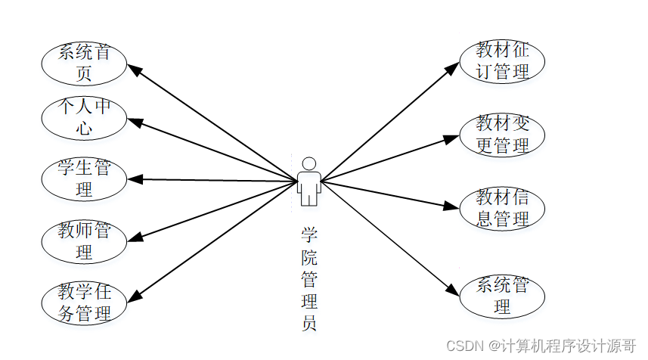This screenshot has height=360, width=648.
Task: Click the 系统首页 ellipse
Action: [x=84, y=63]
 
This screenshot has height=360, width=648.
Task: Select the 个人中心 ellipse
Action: [x=84, y=118]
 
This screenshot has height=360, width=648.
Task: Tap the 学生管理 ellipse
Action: [x=84, y=178]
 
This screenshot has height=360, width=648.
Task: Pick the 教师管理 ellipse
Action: [x=84, y=241]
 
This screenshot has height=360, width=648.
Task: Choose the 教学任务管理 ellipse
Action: [x=84, y=302]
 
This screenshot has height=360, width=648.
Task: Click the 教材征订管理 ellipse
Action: [x=502, y=61]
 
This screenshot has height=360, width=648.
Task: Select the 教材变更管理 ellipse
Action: [x=502, y=135]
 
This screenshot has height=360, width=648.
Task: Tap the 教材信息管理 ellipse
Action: [x=502, y=208]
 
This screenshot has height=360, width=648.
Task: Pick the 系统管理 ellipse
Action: [x=502, y=296]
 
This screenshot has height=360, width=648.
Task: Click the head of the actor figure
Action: [x=308, y=163]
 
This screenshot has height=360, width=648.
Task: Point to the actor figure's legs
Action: [x=308, y=197]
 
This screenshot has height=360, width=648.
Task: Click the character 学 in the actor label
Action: [x=308, y=235]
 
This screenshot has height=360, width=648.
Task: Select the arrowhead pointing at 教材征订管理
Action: [x=452, y=67]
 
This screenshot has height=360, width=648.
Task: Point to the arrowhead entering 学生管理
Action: [x=135, y=179]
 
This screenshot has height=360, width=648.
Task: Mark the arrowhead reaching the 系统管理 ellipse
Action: [x=453, y=291]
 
